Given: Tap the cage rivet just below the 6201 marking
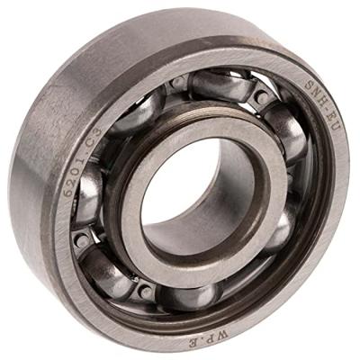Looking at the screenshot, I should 83,241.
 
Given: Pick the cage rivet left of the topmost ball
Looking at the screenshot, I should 180,81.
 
